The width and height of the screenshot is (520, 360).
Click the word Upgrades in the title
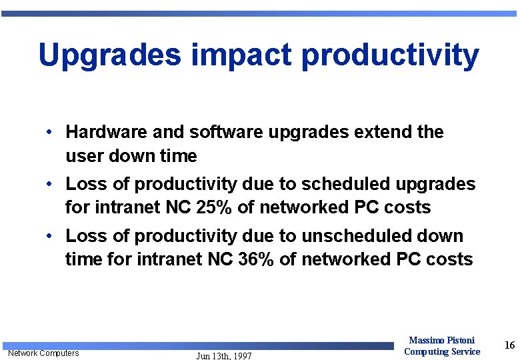tap(110, 55)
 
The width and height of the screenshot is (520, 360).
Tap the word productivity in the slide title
tap(390, 55)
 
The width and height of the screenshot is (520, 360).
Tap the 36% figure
tap(257, 259)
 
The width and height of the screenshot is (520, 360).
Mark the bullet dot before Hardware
tap(50, 132)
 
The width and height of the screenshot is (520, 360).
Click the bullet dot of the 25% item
tap(50, 183)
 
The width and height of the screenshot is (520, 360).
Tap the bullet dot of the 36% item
tap(50, 235)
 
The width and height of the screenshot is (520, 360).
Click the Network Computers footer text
tap(43, 353)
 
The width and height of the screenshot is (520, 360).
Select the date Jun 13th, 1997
tap(224, 356)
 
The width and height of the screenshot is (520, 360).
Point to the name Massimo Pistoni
tap(441, 341)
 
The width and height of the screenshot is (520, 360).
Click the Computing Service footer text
tap(441, 351)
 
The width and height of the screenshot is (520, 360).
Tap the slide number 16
tap(509, 345)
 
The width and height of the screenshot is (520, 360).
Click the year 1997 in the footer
tap(241, 356)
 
